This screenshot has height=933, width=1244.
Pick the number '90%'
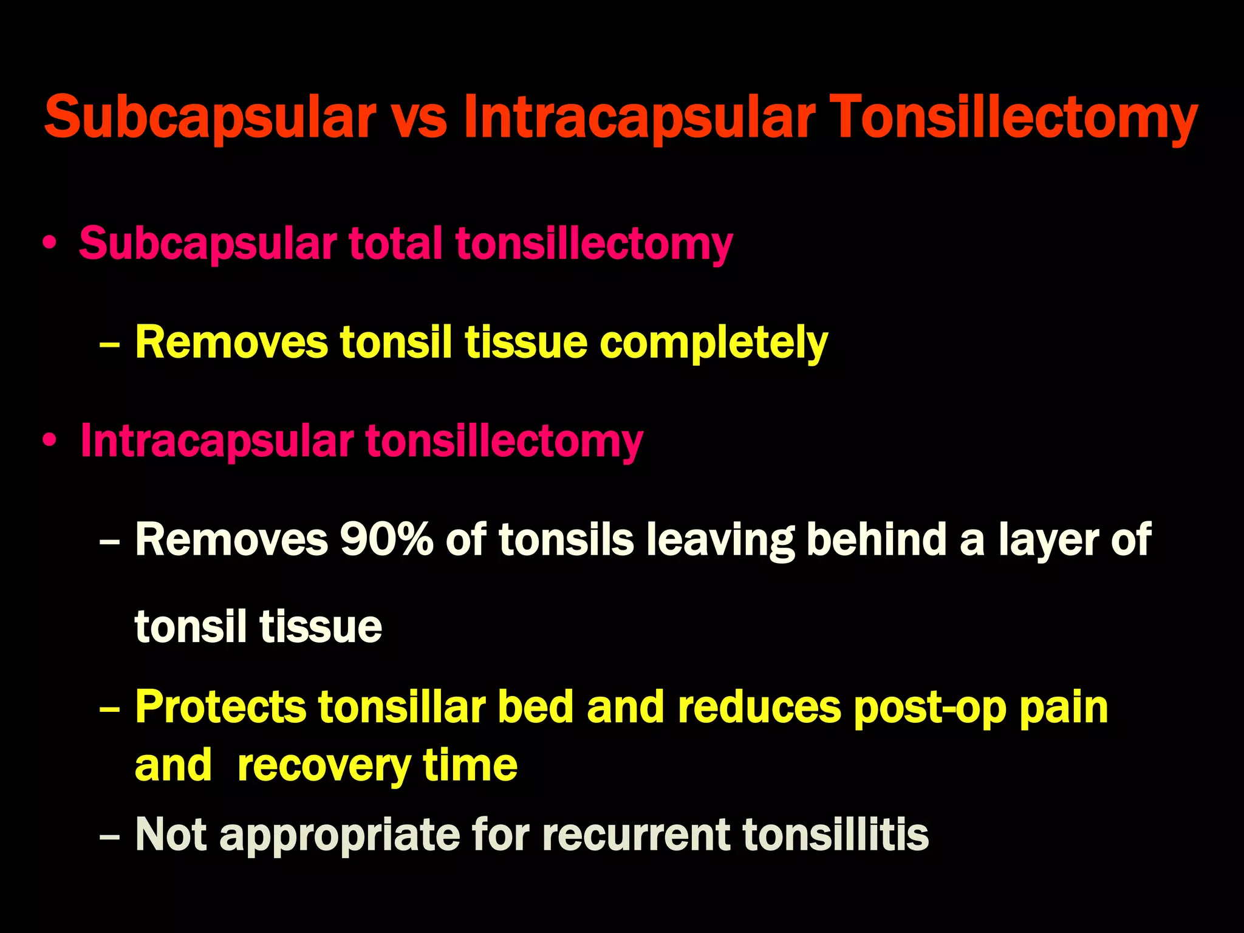[386, 539]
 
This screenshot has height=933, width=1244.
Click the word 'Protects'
[220, 707]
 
